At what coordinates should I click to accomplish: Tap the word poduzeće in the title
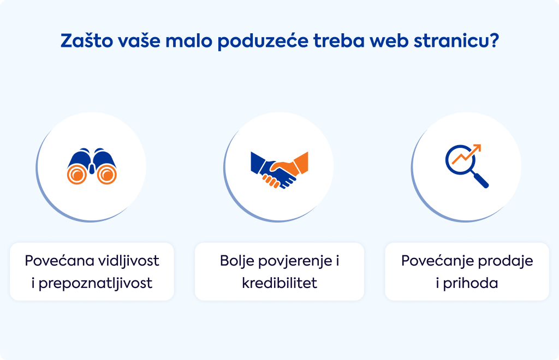263,41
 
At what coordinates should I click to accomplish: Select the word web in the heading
389,40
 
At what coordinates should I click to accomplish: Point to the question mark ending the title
493,40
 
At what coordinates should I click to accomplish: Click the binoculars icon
92,166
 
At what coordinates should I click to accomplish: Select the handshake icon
279,170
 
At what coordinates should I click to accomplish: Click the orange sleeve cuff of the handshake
301,163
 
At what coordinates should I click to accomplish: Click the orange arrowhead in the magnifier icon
477,148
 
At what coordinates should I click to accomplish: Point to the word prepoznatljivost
96,284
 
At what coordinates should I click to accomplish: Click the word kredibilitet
279,283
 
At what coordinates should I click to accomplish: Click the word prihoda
471,284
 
